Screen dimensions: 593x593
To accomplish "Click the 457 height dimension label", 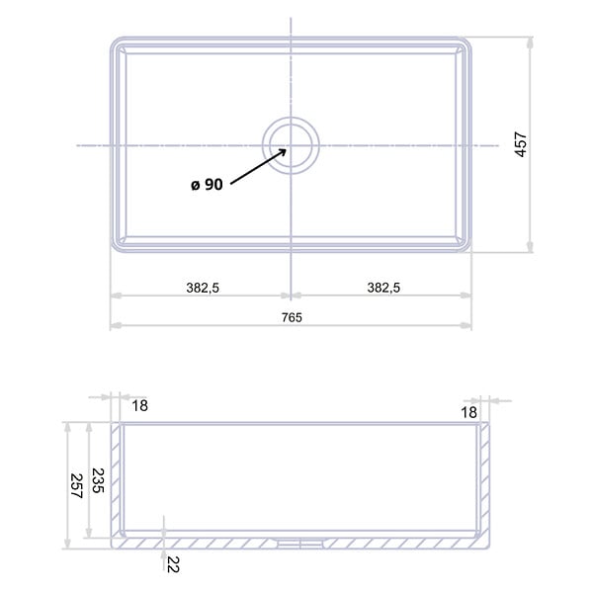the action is click(521, 144).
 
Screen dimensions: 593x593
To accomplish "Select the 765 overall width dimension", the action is click(292, 317).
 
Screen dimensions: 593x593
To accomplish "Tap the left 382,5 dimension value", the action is click(203, 288).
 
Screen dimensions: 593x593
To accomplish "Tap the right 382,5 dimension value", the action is click(383, 288).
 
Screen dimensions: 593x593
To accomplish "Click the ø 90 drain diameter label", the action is click(207, 185).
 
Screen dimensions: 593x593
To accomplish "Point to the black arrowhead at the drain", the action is click(282, 151).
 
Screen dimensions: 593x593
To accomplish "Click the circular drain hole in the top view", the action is click(291, 145).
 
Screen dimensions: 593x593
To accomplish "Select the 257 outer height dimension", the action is click(76, 486).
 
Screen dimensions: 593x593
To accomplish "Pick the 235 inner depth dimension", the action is click(98, 480).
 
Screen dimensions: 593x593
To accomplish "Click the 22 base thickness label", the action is click(173, 564).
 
